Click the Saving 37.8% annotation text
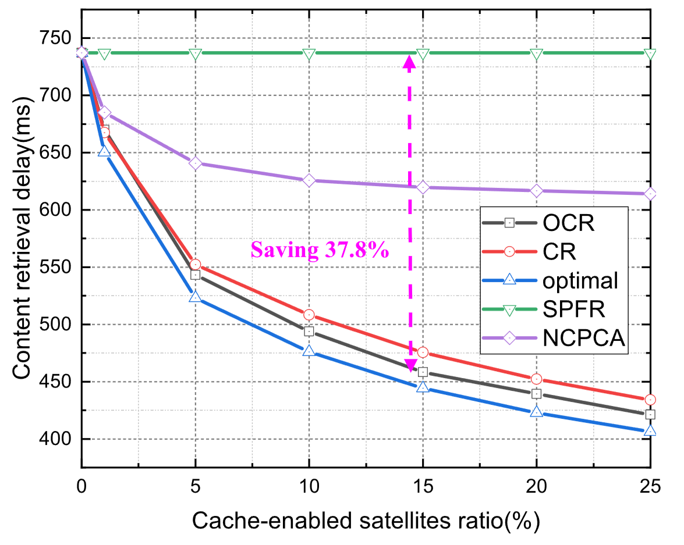click(x=319, y=251)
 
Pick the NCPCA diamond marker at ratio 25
click(x=650, y=194)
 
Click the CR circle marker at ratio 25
click(x=650, y=400)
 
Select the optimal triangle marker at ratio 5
click(x=195, y=297)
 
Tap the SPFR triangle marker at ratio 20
click(x=536, y=54)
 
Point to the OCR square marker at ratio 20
click(x=536, y=394)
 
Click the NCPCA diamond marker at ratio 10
click(x=309, y=180)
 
